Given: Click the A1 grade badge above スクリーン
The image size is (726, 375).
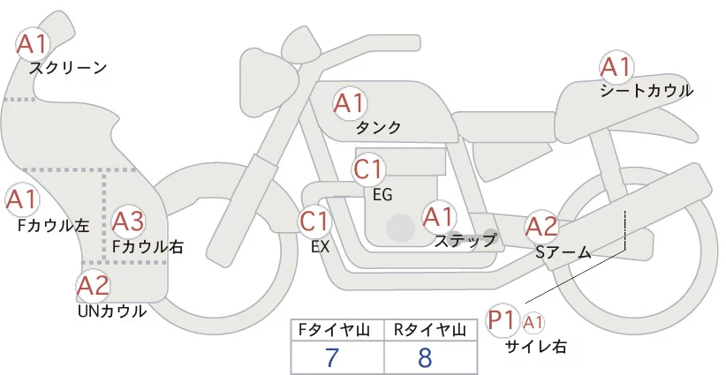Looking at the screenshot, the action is point(32,44).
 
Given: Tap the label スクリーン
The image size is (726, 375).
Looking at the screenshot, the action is point(68,69).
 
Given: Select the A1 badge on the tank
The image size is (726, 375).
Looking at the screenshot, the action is point(349,103).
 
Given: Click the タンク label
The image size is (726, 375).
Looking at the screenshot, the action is point(378,127).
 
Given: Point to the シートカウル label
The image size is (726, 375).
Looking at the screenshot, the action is point(647,91).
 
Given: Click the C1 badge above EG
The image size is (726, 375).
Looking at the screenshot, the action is point(368,169).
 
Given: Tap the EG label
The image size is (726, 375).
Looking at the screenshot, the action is point(382,195).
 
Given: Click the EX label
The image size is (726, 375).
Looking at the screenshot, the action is point(321,247).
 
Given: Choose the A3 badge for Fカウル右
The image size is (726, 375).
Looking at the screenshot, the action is point(128,222).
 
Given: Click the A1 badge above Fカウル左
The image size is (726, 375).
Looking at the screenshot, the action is point(21,199).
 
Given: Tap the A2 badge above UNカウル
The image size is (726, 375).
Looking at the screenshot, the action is point(93,285).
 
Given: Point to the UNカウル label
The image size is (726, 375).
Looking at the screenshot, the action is point(112,311).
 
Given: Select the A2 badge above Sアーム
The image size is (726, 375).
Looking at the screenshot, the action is point(541,227).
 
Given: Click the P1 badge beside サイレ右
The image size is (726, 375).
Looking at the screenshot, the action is point(502,320).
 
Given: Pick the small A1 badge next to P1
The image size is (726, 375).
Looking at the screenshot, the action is point(533,322).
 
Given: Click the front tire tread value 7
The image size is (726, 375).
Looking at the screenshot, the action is point(332,357).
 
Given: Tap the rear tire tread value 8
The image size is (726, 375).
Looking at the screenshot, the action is point(425,357).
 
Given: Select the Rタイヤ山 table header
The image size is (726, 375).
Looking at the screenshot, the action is point(430,330).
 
